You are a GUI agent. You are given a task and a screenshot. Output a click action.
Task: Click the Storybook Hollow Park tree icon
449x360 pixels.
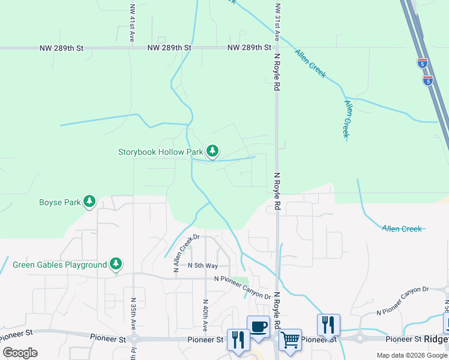(x=212, y=151)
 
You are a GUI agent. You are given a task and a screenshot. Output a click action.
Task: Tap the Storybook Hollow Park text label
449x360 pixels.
(x=160, y=152)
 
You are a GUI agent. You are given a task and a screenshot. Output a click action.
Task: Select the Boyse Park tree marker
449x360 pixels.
(x=89, y=201)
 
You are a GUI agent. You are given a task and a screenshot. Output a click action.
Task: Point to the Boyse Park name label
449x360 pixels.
(x=60, y=202)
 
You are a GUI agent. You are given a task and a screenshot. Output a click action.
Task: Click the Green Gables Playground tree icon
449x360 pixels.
(x=116, y=263)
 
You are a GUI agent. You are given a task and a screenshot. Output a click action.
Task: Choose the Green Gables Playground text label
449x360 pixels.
(x=59, y=264)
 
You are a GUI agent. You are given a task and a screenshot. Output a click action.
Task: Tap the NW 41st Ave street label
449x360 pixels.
(x=132, y=24)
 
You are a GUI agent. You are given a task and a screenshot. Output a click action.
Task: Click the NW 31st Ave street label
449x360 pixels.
(x=277, y=22)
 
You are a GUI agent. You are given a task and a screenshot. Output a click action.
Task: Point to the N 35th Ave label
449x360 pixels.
(x=133, y=315)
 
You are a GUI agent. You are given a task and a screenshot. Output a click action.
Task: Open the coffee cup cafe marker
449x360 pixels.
(x=258, y=326)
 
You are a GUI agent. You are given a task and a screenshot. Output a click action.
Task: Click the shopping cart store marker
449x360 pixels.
(x=290, y=340)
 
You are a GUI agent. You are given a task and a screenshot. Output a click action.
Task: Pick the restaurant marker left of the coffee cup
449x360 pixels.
(x=238, y=340)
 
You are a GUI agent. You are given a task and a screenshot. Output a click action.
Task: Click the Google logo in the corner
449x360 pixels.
(x=20, y=352)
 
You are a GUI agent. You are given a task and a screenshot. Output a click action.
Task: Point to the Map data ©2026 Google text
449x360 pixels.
(x=411, y=355)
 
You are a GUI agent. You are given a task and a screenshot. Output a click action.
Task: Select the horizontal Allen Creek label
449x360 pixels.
(x=402, y=229)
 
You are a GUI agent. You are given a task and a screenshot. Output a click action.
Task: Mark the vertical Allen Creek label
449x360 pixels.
(x=346, y=118)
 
